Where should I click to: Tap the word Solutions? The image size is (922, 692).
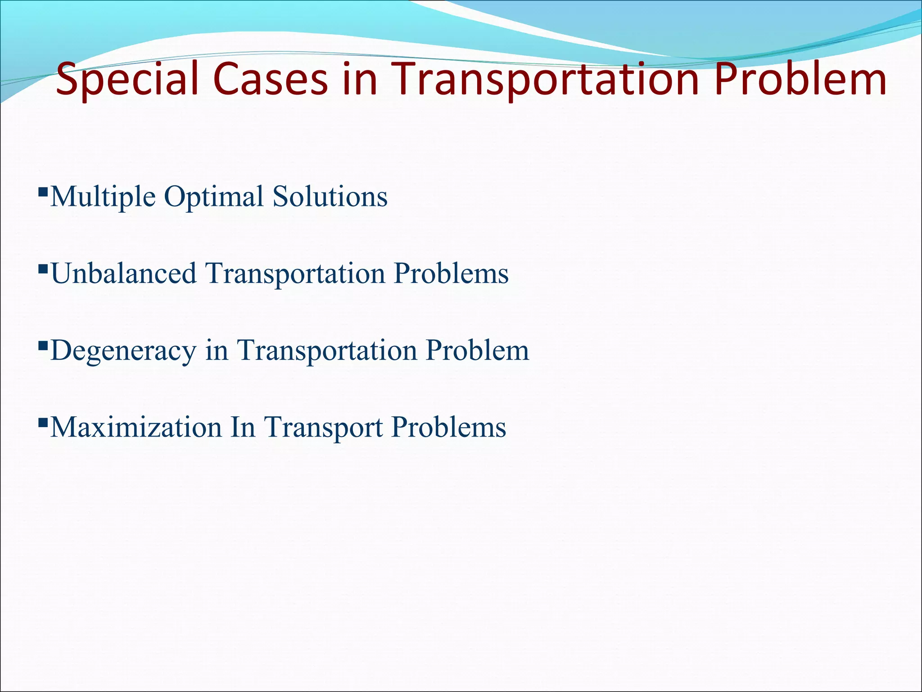tap(330, 197)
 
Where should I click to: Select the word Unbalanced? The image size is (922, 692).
tap(124, 273)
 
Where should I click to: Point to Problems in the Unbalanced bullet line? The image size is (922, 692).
tap(451, 273)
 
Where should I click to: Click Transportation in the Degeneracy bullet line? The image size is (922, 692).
tap(327, 351)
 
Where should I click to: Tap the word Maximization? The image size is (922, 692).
tap(136, 427)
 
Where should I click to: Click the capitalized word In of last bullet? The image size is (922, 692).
tap(243, 427)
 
